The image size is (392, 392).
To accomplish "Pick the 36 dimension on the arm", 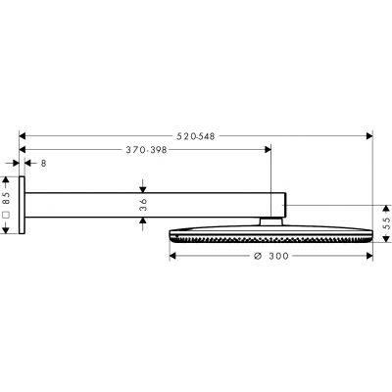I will (142, 204).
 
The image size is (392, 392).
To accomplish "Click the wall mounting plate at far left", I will (22, 206).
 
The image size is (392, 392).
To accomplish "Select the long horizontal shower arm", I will (147, 205).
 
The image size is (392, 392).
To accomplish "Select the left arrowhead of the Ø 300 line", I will (174, 257).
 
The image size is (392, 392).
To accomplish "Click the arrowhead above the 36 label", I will (142, 189).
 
